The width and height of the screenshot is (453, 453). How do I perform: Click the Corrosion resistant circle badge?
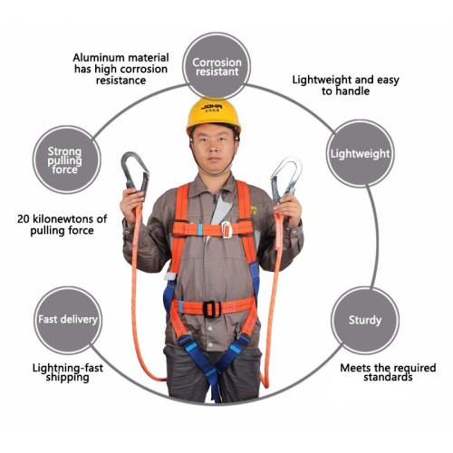coord(217,66)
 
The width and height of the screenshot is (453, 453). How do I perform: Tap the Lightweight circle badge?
coord(361,153)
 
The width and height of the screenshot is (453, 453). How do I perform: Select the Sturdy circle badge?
coord(365,320)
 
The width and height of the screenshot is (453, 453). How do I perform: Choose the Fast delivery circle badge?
coord(68,320)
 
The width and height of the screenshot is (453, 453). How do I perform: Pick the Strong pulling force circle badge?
coord(66,159)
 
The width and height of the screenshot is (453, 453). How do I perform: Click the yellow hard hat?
coord(214,116)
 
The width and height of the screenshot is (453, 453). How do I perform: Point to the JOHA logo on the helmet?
coord(212,107)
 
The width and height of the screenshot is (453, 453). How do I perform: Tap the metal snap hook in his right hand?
coord(135,171)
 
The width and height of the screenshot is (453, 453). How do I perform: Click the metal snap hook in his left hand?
coord(285,178)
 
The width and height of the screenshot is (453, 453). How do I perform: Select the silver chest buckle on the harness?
coord(226,229)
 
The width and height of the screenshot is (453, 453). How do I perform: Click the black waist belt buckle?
coord(212,309)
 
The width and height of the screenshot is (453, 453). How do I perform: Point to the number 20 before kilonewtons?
coord(23,218)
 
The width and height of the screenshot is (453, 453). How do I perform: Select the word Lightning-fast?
coord(68,368)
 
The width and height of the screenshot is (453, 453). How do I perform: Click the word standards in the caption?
coord(388,377)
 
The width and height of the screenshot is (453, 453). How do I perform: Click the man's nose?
coord(214,148)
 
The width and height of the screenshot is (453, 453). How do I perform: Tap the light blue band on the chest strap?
coord(200,229)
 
